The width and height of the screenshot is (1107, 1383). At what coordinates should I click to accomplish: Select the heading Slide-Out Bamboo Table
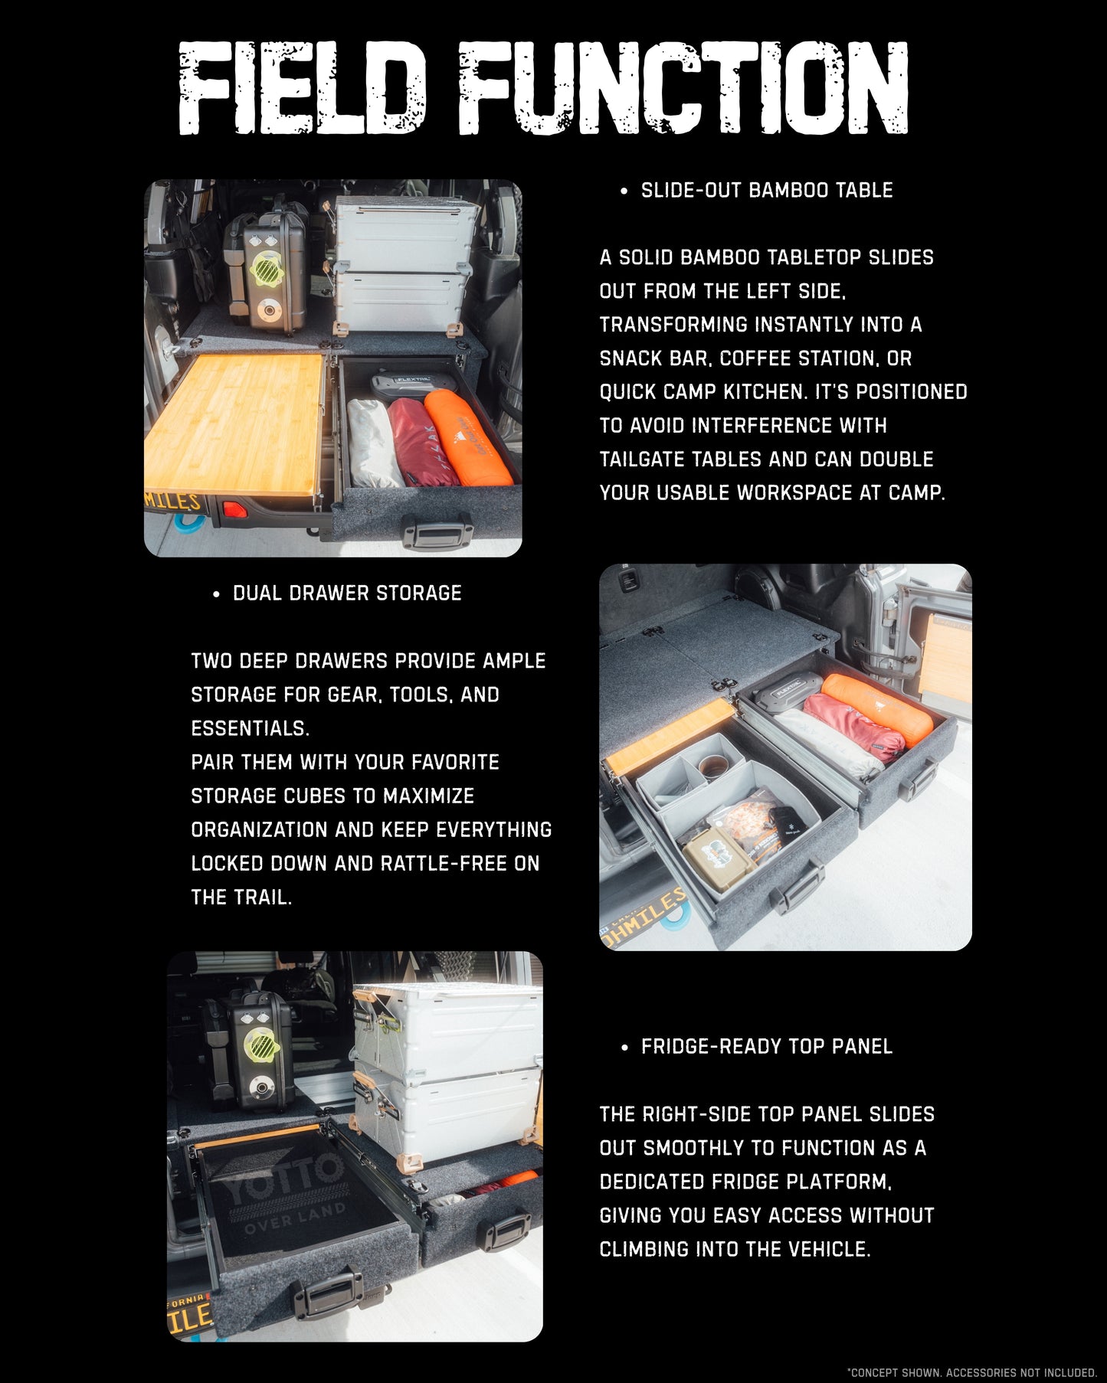coord(767,191)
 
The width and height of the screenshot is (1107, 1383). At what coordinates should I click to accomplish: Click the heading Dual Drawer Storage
coord(347,593)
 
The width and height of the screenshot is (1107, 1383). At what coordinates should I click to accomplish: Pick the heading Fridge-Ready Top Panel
coord(767,1047)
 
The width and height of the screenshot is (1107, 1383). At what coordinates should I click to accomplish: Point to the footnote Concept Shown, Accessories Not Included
coord(972,1372)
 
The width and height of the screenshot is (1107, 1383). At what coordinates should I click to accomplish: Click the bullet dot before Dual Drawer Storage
coord(217,594)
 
